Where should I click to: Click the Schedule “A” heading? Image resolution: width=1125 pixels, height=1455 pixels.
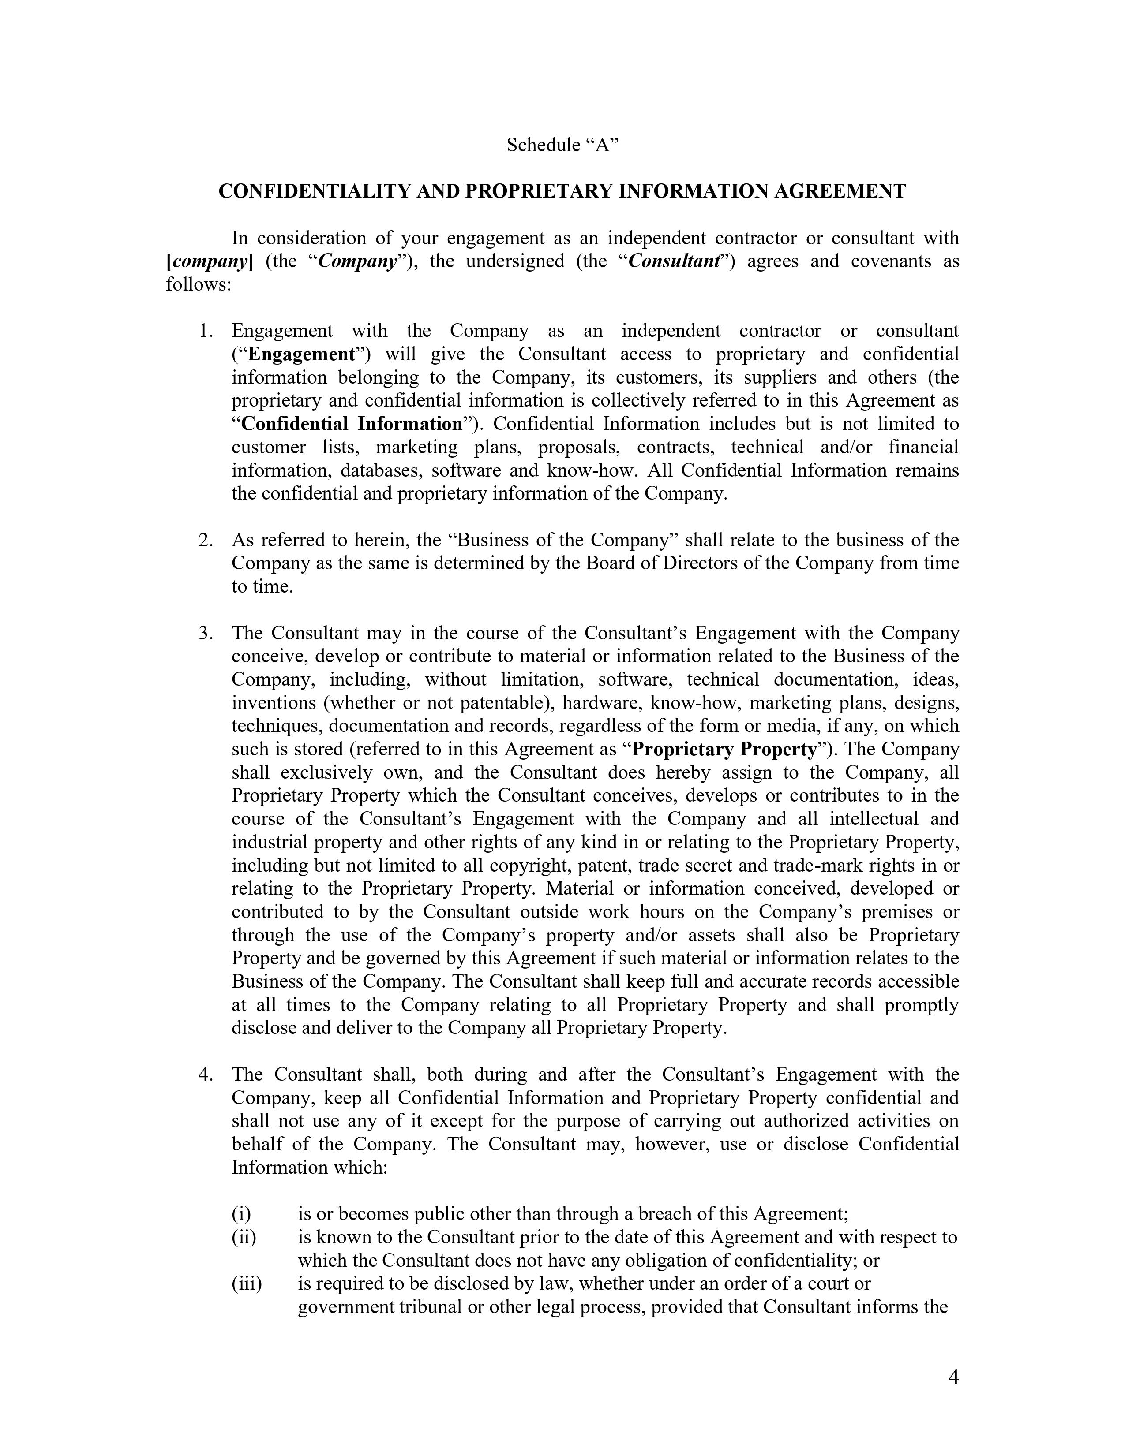562,145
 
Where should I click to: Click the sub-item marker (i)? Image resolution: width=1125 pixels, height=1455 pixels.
240,1214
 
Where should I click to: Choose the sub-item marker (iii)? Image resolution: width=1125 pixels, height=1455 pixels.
247,1284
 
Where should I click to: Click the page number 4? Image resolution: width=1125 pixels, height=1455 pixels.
953,1377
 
